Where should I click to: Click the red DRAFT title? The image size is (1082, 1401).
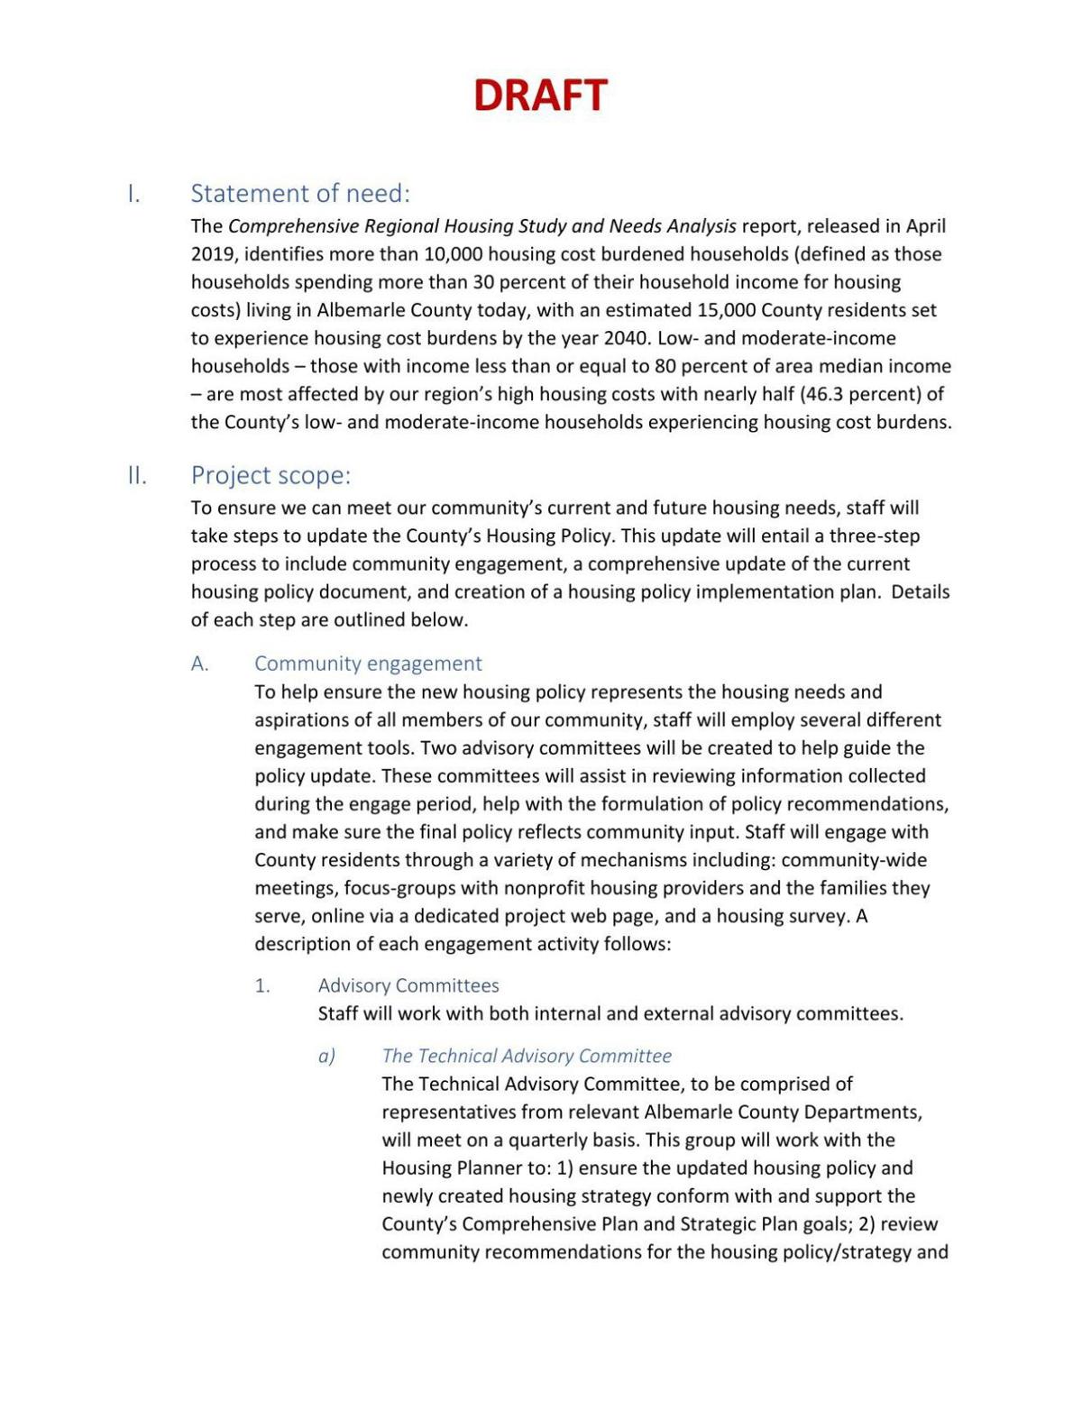pyautogui.click(x=540, y=96)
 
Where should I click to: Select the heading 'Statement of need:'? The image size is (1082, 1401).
pyautogui.click(x=299, y=194)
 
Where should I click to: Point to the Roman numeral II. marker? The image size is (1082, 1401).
pyautogui.click(x=137, y=475)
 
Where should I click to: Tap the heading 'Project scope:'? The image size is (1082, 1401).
pyautogui.click(x=270, y=475)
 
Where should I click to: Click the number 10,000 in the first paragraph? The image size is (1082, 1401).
pyautogui.click(x=453, y=254)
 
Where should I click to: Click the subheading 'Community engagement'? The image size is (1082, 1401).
pyautogui.click(x=368, y=664)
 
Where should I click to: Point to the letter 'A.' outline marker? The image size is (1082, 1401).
pyautogui.click(x=199, y=664)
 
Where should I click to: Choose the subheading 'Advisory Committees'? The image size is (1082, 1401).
pyautogui.click(x=408, y=985)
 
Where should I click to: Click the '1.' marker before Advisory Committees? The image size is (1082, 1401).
pyautogui.click(x=262, y=985)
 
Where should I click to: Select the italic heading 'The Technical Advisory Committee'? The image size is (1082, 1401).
pyautogui.click(x=527, y=1056)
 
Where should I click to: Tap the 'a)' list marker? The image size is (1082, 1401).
pyautogui.click(x=326, y=1056)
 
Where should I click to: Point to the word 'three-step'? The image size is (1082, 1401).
pyautogui.click(x=875, y=536)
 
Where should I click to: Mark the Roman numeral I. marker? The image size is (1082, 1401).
pyautogui.click(x=133, y=194)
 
